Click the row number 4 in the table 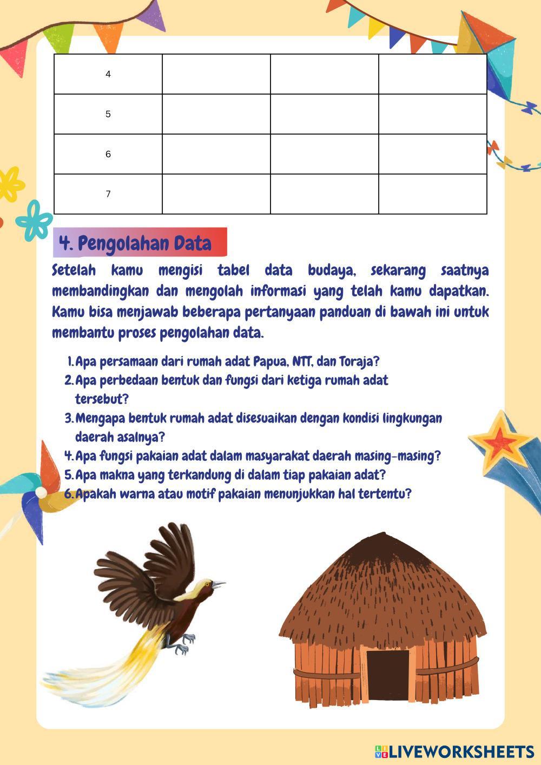pos(108,74)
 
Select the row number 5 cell pos(108,114)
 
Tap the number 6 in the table pos(108,154)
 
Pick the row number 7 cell pos(108,194)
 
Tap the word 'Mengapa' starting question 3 pos(101,418)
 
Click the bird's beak pos(218,584)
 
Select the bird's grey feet pos(184,644)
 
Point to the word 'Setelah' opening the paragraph pos(74,270)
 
